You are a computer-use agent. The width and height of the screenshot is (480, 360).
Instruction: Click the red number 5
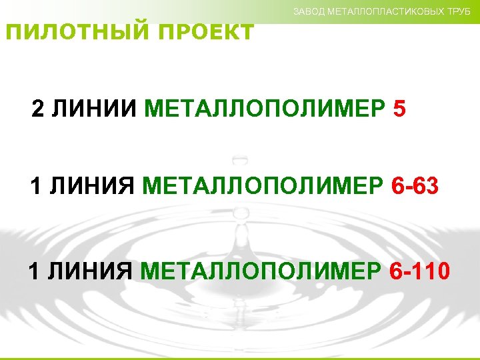(399, 109)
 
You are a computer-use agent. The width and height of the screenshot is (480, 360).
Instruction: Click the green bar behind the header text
(167, 10)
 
